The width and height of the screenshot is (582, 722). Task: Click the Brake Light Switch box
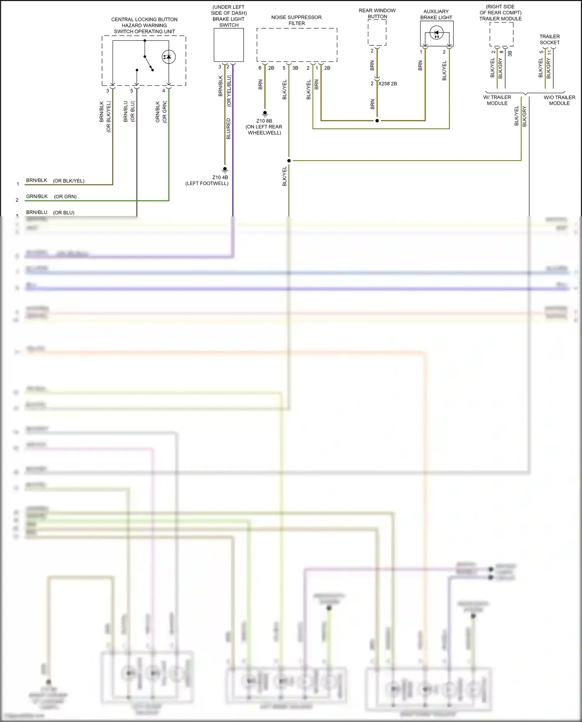[229, 45]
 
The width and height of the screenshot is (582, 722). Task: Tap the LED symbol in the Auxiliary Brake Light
[436, 33]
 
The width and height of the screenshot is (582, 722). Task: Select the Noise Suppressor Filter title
[296, 20]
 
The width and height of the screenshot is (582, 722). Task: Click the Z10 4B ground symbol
[225, 170]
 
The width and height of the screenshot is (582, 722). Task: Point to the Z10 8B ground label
[264, 121]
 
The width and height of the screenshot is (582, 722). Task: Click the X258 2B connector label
[388, 84]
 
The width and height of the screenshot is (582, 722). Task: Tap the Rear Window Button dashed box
[377, 32]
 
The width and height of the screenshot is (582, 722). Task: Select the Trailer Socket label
[549, 40]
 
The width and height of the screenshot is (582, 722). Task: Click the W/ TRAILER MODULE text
[497, 100]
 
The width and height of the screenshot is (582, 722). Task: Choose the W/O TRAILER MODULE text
[559, 100]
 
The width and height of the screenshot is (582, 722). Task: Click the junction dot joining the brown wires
[377, 121]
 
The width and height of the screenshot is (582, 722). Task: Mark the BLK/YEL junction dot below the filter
[289, 161]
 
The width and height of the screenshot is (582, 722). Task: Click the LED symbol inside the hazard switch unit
[168, 57]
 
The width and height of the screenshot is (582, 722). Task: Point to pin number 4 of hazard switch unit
[164, 91]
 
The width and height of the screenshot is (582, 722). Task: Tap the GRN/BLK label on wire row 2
[37, 196]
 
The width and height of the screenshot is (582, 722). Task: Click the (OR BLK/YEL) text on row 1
[69, 181]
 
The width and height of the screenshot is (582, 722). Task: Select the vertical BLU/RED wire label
[228, 129]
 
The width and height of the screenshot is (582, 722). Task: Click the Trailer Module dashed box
[501, 34]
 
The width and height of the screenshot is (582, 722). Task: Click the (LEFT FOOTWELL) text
[207, 184]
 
